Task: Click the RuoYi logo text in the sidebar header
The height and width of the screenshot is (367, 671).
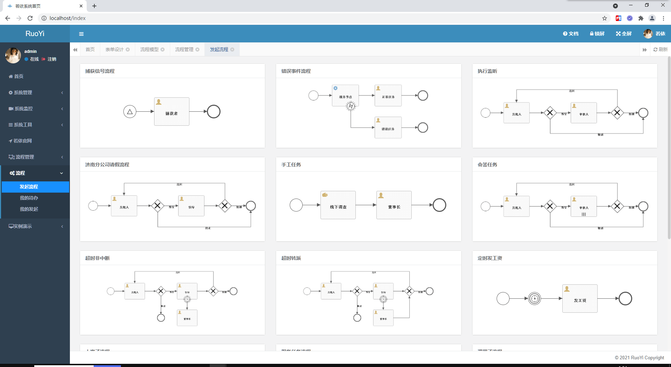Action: pyautogui.click(x=35, y=34)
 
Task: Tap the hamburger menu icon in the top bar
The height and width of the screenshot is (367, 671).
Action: pyautogui.click(x=81, y=34)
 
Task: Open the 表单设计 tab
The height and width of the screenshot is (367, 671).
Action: pyautogui.click(x=114, y=49)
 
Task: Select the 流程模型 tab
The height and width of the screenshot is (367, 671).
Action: pyautogui.click(x=149, y=49)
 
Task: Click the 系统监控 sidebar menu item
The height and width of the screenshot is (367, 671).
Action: pyautogui.click(x=23, y=109)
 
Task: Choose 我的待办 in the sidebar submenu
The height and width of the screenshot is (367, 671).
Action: pyautogui.click(x=29, y=198)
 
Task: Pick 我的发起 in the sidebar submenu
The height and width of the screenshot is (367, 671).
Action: pyautogui.click(x=29, y=209)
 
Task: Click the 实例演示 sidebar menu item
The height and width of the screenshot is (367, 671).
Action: pyautogui.click(x=22, y=226)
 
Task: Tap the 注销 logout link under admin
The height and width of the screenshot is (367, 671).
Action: pyautogui.click(x=51, y=59)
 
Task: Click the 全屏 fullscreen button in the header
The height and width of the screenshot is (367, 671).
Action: pyautogui.click(x=624, y=34)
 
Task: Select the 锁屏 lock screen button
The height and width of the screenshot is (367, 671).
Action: pyautogui.click(x=597, y=34)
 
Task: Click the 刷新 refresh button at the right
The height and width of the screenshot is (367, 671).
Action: pyautogui.click(x=661, y=49)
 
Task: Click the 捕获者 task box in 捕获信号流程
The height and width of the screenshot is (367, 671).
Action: pyautogui.click(x=172, y=112)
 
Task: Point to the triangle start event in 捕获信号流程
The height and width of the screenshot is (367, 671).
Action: pyautogui.click(x=130, y=112)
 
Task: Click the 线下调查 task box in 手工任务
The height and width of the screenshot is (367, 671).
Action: pyautogui.click(x=338, y=205)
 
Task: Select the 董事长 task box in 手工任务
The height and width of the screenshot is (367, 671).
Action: pyautogui.click(x=394, y=205)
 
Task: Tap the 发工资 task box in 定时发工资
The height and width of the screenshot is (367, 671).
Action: pyautogui.click(x=580, y=299)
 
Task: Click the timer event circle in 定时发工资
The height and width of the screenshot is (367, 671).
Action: pyautogui.click(x=534, y=299)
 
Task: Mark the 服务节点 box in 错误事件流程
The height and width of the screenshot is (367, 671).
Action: pyautogui.click(x=345, y=95)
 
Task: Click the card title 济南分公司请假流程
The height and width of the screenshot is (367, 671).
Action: pyautogui.click(x=107, y=165)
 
